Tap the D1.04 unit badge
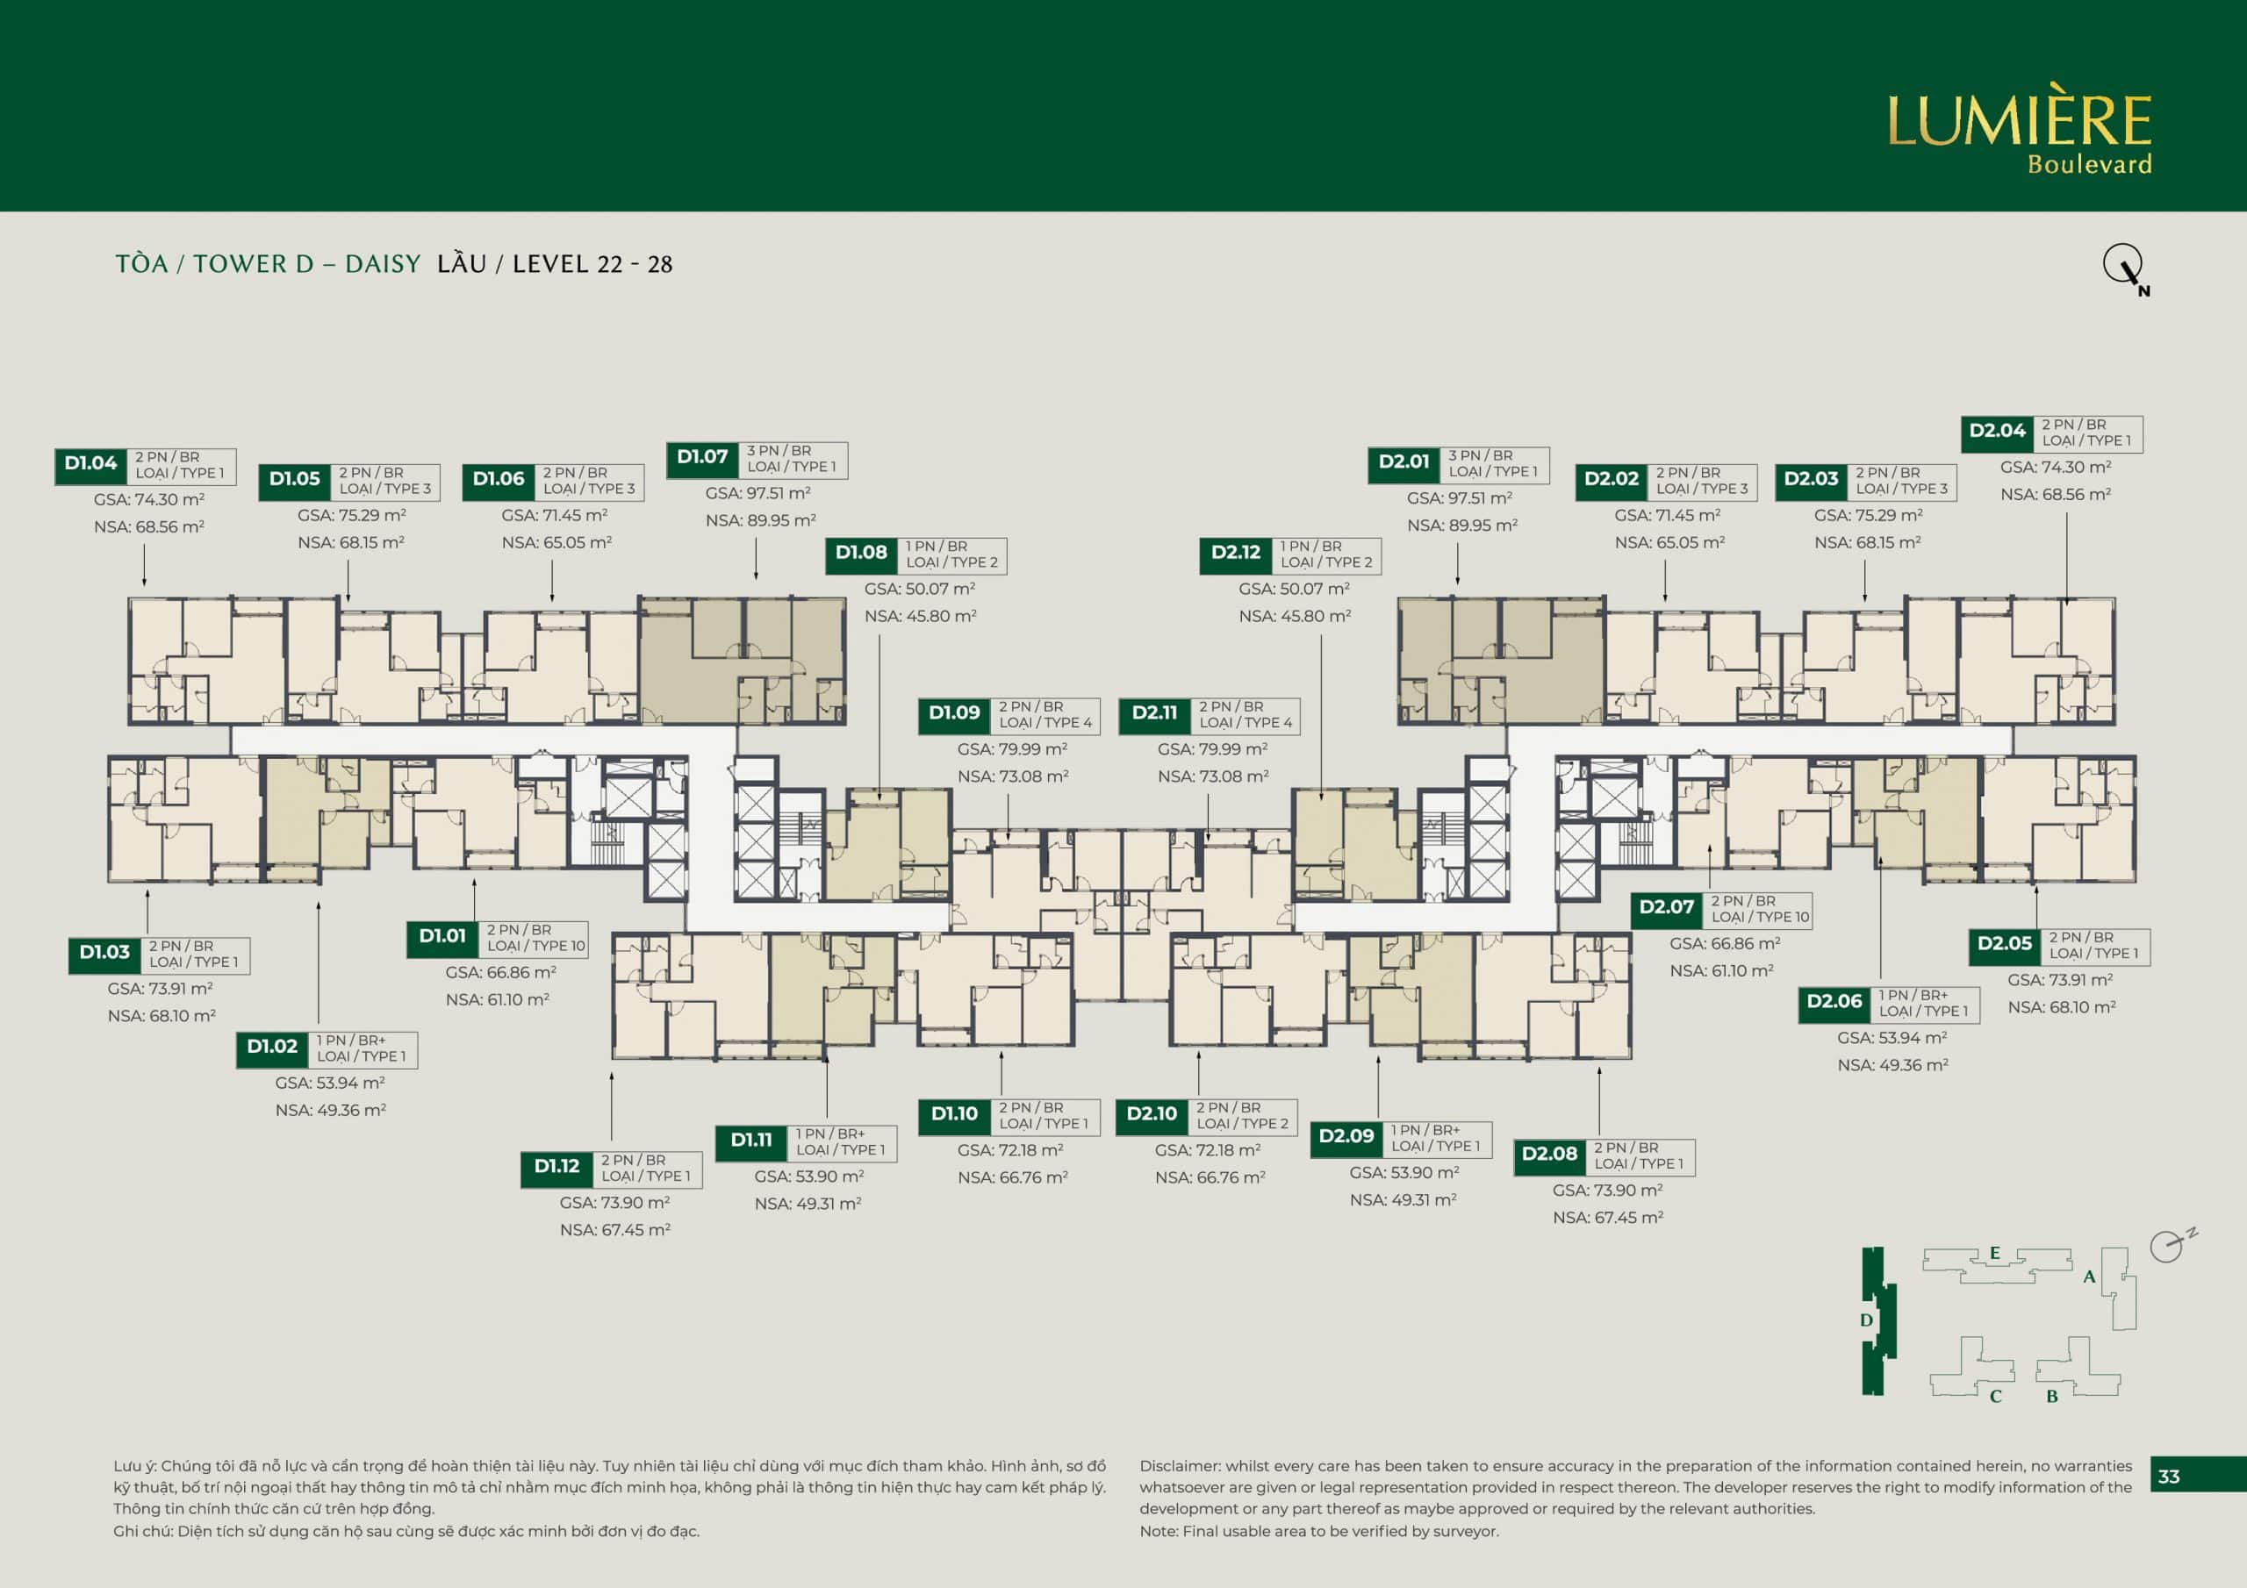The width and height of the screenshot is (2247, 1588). click(91, 465)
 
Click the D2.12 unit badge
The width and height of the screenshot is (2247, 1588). click(1236, 554)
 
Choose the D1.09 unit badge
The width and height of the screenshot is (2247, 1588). click(954, 714)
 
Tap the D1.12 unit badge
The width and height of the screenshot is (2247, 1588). click(556, 1167)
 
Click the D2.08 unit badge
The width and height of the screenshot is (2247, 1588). click(1550, 1155)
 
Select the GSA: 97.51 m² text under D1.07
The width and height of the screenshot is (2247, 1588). click(758, 494)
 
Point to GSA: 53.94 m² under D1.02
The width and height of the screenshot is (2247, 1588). click(330, 1084)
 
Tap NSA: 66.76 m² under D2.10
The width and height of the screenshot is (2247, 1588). click(1210, 1178)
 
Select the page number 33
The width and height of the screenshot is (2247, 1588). click(2169, 1477)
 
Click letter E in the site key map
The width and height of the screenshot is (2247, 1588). click(1994, 1254)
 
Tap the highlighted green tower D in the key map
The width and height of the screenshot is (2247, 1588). click(1878, 1321)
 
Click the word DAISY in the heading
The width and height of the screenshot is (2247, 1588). click(383, 264)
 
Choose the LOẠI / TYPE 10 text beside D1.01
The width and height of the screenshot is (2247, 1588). click(536, 946)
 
